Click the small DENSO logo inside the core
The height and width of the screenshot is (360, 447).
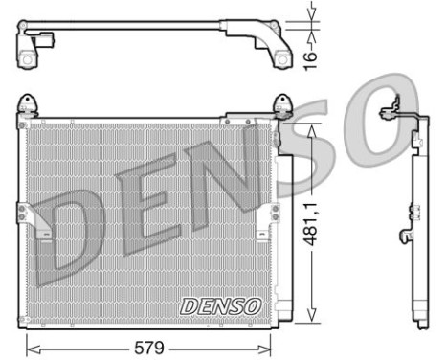pyautogui.click(x=219, y=307)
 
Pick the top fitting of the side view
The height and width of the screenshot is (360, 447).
pyautogui.click(x=393, y=107)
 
